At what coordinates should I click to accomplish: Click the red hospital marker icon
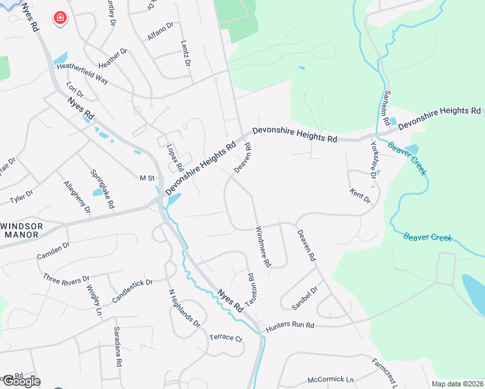pyautogui.click(x=60, y=18)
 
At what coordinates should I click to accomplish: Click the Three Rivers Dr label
pyautogui.click(x=66, y=279)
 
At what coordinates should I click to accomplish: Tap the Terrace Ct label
pyautogui.click(x=225, y=338)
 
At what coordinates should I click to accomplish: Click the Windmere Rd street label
pyautogui.click(x=263, y=247)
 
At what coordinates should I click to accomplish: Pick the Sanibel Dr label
pyautogui.click(x=304, y=298)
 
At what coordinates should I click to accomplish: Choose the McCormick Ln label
pyautogui.click(x=331, y=379)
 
